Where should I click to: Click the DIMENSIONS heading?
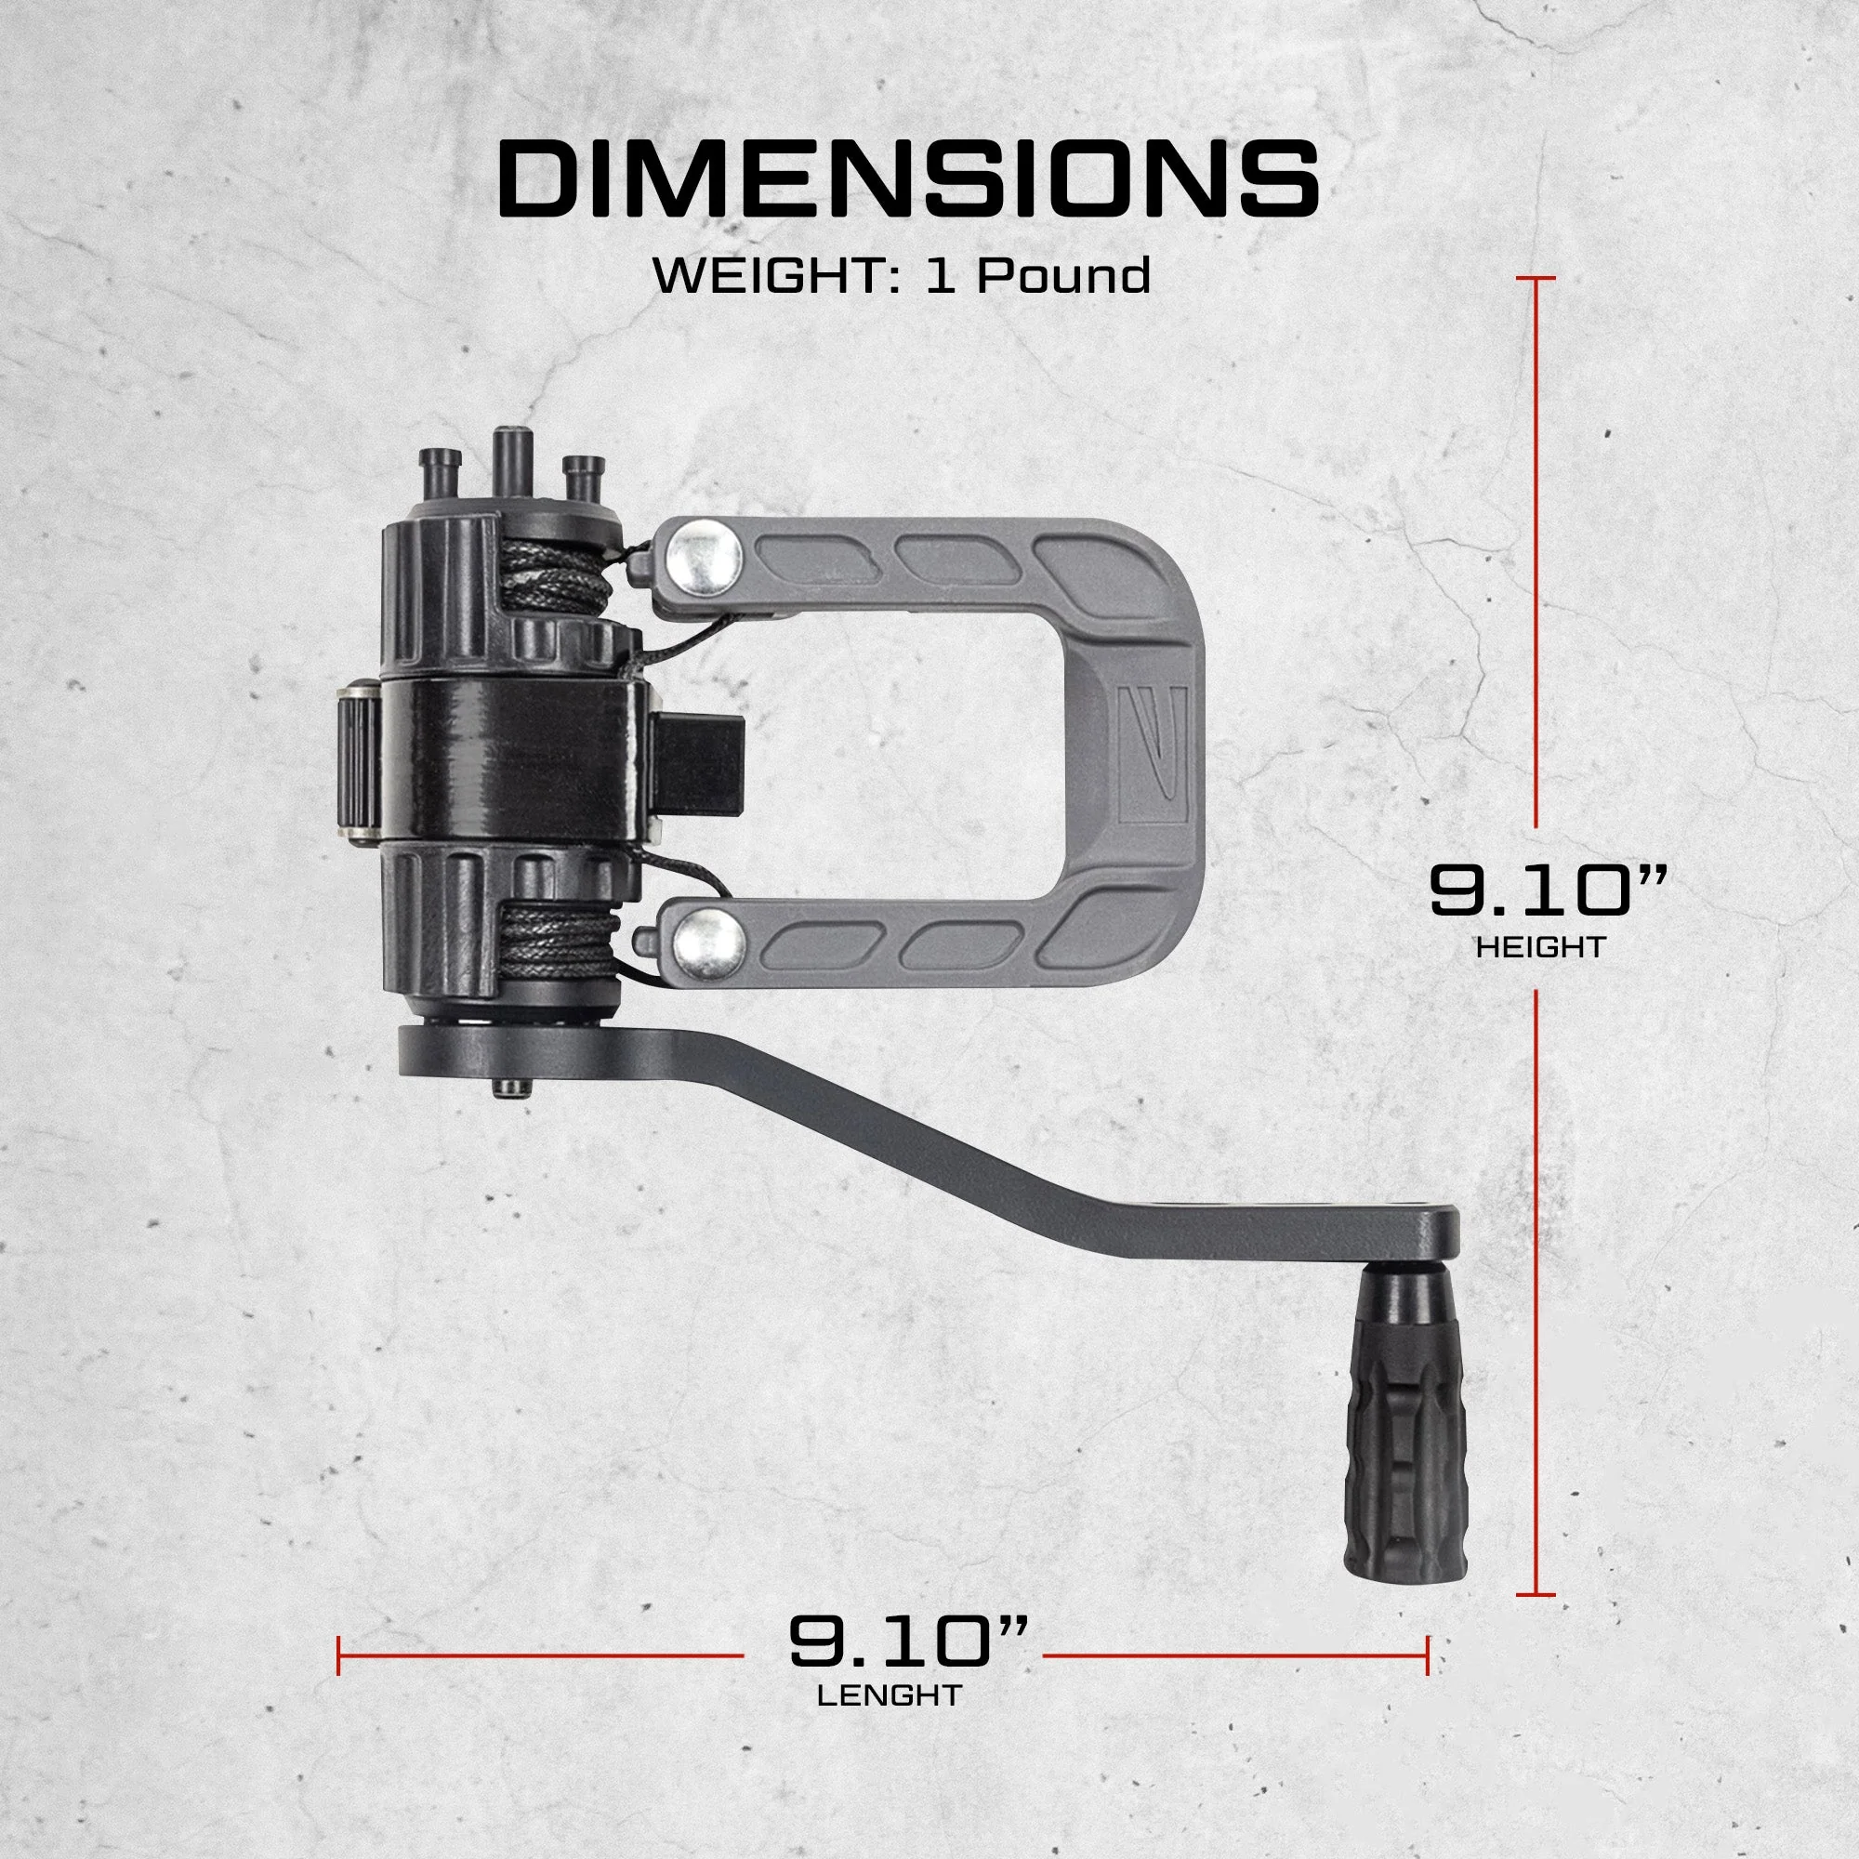(908, 179)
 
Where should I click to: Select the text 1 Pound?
(1038, 275)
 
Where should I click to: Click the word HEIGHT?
(1540, 947)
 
